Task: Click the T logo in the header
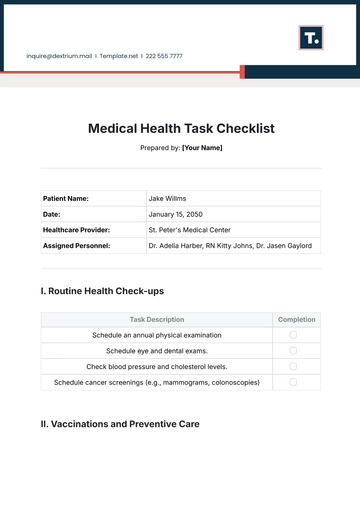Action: (x=311, y=38)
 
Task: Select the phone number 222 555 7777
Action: (x=164, y=56)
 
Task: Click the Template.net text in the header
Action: (x=118, y=56)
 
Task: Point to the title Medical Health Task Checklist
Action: (x=181, y=128)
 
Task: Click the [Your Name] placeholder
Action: (x=202, y=148)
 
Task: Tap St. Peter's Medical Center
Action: (x=190, y=229)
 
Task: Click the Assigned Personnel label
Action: (x=77, y=245)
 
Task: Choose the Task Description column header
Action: (x=157, y=320)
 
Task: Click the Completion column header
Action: (x=296, y=320)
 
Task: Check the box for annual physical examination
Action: (x=293, y=335)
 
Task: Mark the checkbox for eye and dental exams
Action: (x=293, y=351)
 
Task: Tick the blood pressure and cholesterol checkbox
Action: (x=293, y=366)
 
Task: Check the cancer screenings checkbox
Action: (x=293, y=382)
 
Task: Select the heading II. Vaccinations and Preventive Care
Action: (x=120, y=424)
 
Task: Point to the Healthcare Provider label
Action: (x=77, y=229)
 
